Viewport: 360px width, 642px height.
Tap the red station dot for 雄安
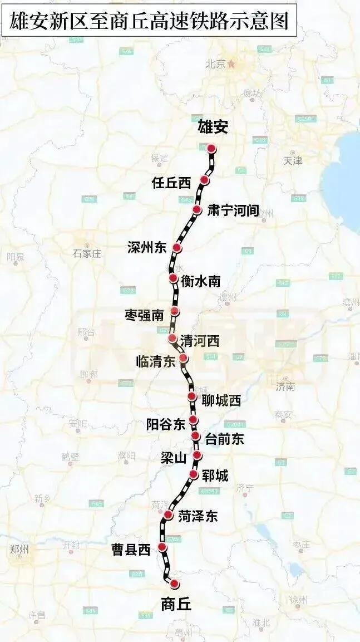(x=211, y=149)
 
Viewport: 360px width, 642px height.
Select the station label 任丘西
(x=171, y=183)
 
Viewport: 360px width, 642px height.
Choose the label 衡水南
(x=200, y=281)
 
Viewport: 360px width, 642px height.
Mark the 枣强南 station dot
(x=175, y=311)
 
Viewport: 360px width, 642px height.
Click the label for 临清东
(x=155, y=361)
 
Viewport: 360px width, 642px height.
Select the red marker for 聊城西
(x=192, y=396)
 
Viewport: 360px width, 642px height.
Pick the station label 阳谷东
(x=165, y=424)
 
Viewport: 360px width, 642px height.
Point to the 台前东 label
(x=224, y=439)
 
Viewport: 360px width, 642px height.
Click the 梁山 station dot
(x=197, y=455)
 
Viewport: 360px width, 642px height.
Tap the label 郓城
(x=216, y=475)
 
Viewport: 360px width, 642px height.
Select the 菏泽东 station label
(x=198, y=516)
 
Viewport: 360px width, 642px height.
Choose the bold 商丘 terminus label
(x=175, y=604)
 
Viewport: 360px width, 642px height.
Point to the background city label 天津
(x=293, y=160)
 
